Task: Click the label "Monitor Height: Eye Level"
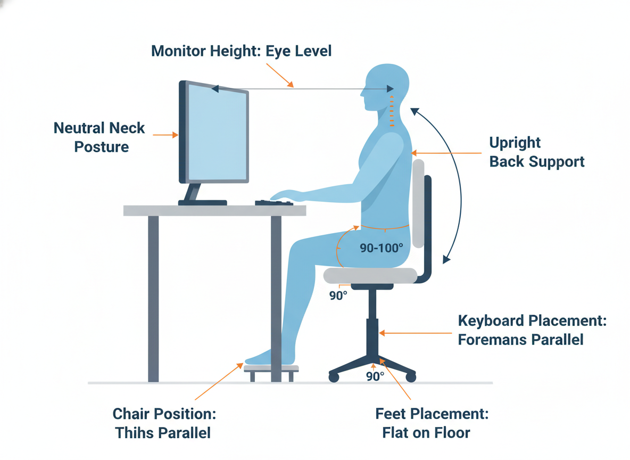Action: tap(242, 51)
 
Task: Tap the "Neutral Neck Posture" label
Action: tap(100, 137)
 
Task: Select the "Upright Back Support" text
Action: tap(536, 152)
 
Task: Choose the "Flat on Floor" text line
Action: tap(426, 432)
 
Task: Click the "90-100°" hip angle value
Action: tap(381, 248)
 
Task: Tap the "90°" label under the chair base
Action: tap(375, 376)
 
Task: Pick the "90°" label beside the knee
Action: tap(338, 295)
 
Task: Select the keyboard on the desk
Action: tap(273, 203)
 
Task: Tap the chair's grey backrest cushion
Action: tap(418, 202)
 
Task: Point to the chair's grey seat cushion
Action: tap(370, 275)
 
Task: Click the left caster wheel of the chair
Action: tap(334, 377)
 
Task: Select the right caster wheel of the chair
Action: tap(410, 377)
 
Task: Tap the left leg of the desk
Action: tap(153, 298)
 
